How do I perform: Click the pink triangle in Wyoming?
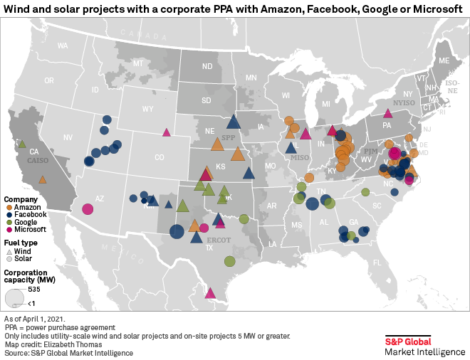pyautogui.click(x=166, y=132)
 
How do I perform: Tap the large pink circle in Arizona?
pyautogui.click(x=88, y=209)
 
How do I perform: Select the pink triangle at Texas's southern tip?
pyautogui.click(x=210, y=292)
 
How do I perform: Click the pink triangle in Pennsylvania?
pyautogui.click(x=387, y=112)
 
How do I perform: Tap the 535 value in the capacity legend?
pyautogui.click(x=34, y=290)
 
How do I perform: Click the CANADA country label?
pyautogui.click(x=138, y=33)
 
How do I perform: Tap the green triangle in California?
pyautogui.click(x=22, y=143)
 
